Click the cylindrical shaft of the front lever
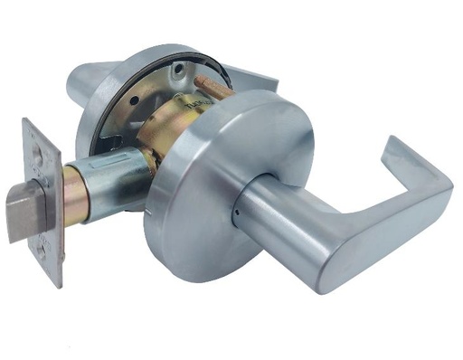point(280,213)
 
